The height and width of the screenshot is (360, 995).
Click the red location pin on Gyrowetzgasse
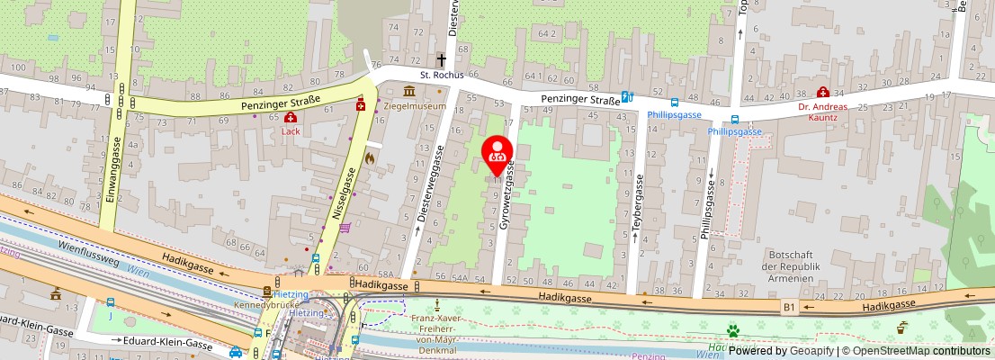click(497, 155)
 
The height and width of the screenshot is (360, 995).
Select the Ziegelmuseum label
click(416, 106)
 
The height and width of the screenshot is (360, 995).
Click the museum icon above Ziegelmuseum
click(409, 92)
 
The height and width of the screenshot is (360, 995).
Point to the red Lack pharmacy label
click(291, 130)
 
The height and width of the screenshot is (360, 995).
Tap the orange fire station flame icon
click(368, 157)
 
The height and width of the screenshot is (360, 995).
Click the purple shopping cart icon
click(345, 228)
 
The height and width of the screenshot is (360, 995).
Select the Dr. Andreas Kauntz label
click(823, 112)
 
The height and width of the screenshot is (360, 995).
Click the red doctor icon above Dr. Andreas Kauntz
click(822, 91)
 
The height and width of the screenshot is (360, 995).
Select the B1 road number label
click(789, 307)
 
